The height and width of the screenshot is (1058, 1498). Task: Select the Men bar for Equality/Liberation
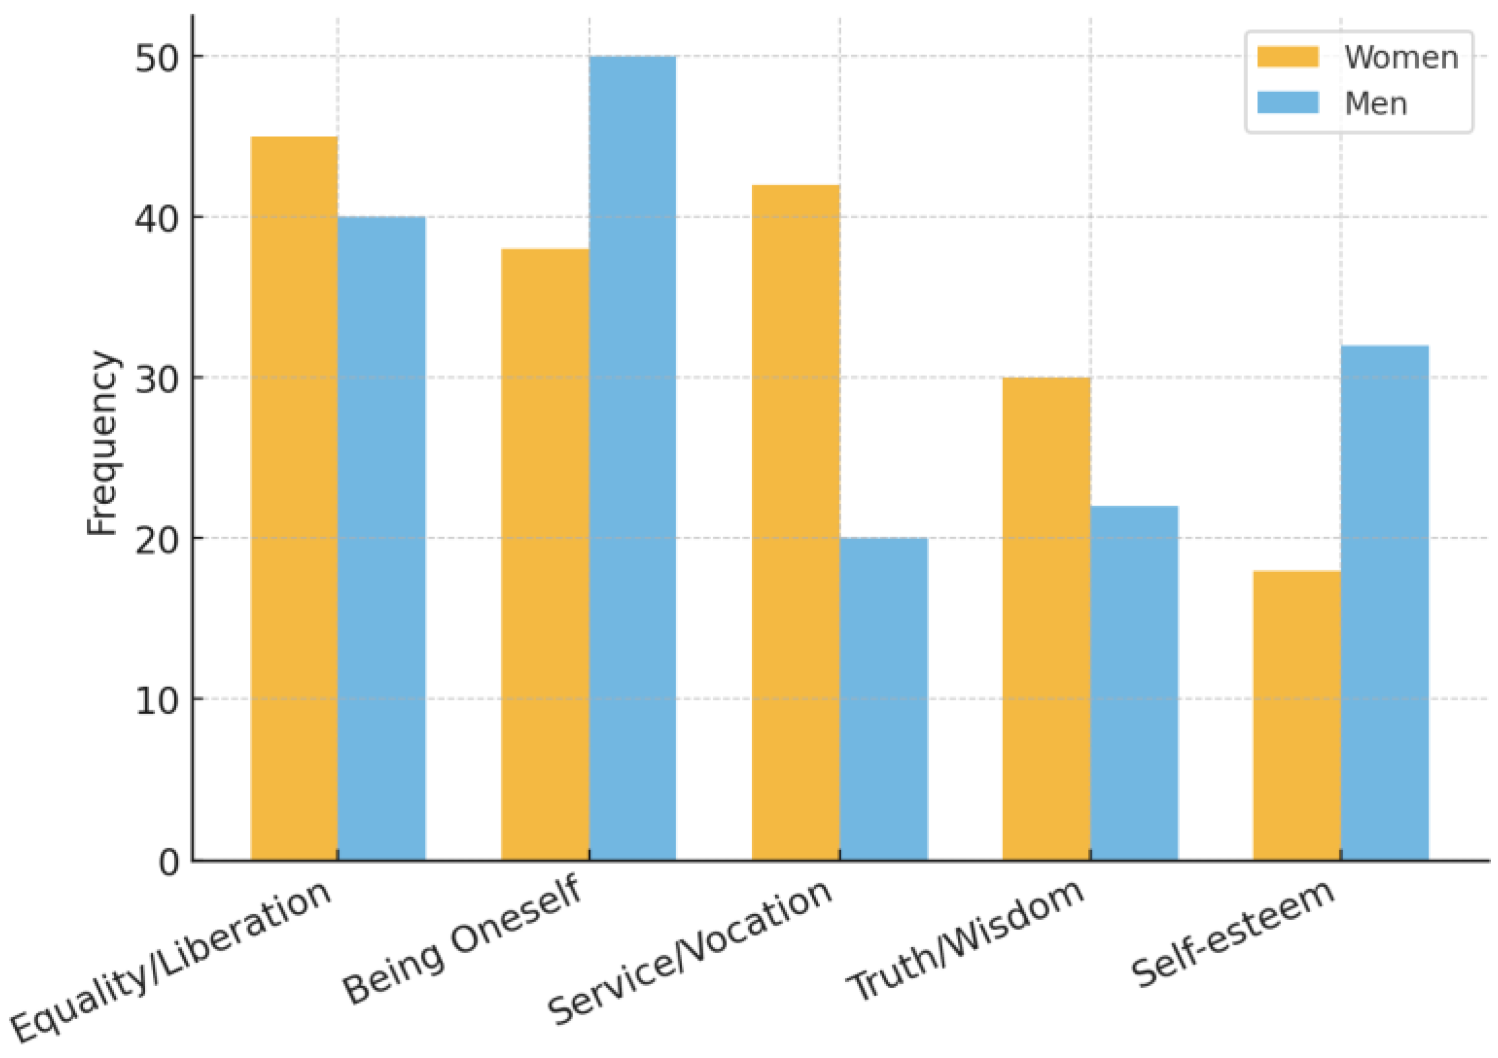click(x=381, y=538)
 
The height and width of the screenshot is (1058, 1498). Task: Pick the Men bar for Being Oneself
click(x=633, y=458)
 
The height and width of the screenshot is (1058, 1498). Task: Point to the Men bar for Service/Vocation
click(x=883, y=699)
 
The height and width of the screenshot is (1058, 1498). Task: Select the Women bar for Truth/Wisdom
click(x=1047, y=619)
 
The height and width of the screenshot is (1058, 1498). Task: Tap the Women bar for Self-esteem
click(x=1297, y=715)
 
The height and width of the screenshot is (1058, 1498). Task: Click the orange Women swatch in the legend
click(x=1289, y=57)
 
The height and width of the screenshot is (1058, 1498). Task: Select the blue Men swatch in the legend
click(x=1289, y=102)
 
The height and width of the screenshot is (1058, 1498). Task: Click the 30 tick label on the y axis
click(x=157, y=378)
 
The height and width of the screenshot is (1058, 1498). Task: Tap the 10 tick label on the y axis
click(x=157, y=700)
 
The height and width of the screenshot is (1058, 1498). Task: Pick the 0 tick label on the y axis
click(x=169, y=862)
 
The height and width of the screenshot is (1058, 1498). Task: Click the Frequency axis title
click(x=102, y=444)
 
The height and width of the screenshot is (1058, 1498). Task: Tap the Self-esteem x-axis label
click(x=1233, y=934)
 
